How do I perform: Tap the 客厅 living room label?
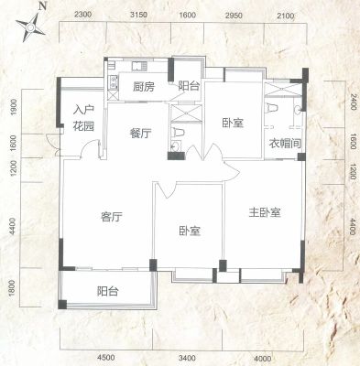click(112, 217)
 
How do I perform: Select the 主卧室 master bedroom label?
click(265, 212)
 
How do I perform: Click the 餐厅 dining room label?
click(140, 133)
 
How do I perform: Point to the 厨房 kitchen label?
click(143, 87)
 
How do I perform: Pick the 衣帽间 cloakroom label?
click(285, 143)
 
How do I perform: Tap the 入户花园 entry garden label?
click(83, 118)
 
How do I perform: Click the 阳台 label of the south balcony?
click(107, 291)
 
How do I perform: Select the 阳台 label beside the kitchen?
click(189, 86)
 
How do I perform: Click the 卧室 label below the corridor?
click(190, 231)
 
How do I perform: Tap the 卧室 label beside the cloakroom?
click(233, 123)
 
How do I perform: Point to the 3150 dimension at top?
click(138, 15)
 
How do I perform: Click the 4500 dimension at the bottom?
click(106, 358)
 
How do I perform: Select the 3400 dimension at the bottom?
click(187, 358)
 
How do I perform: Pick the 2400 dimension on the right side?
click(353, 102)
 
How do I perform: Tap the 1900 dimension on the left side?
click(13, 107)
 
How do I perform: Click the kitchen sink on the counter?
click(139, 66)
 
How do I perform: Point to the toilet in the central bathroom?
click(179, 133)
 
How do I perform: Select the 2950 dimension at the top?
click(234, 16)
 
